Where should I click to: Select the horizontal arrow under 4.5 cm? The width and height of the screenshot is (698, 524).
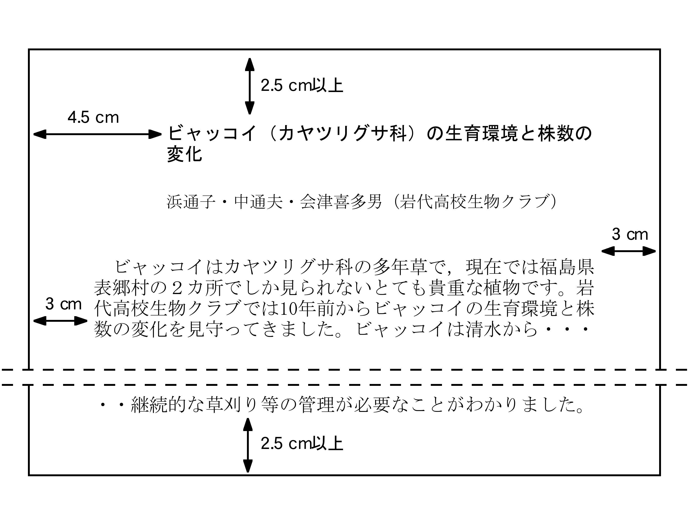pos(98,134)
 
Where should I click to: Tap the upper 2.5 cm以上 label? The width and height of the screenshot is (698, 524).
pos(302,86)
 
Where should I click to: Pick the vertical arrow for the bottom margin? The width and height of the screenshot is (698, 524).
pos(248,445)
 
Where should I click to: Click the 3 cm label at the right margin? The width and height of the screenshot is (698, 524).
pos(630,234)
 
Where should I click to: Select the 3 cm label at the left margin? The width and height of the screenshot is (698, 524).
pos(64,304)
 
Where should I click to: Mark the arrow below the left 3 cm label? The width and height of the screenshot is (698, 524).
pos(60,321)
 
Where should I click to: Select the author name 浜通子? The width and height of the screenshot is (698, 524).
pos(191,202)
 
